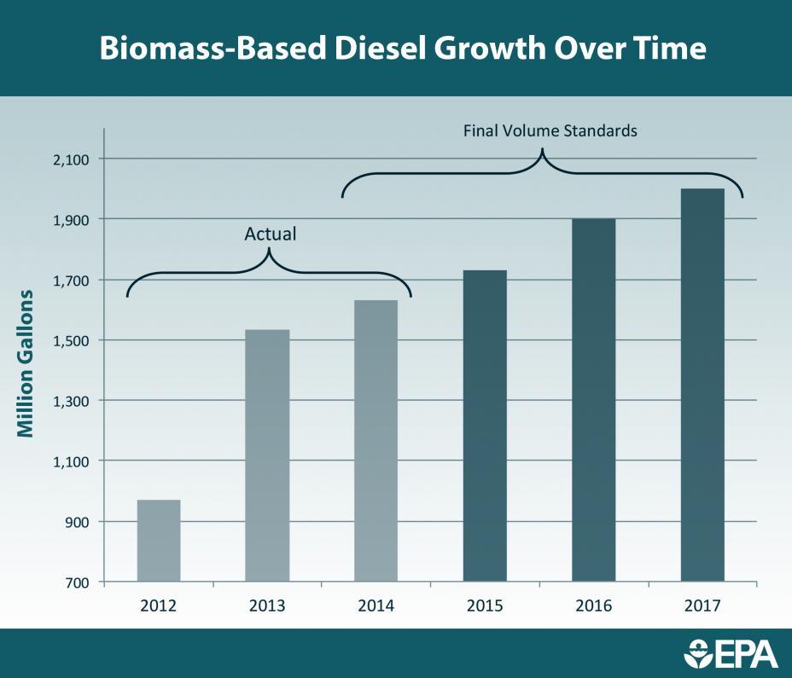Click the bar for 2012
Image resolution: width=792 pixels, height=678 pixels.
(159, 541)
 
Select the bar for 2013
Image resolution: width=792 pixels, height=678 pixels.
(267, 455)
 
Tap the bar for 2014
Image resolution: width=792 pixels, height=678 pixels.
(376, 441)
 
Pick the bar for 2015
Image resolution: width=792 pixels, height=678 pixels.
(485, 426)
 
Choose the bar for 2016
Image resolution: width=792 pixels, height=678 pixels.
(593, 400)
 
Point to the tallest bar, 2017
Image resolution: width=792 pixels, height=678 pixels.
(702, 385)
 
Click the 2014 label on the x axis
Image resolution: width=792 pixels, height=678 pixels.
(376, 606)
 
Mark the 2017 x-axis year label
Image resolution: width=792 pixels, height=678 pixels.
(702, 606)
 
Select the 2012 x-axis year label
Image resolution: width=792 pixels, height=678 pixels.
(159, 606)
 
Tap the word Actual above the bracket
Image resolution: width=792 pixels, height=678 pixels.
(270, 234)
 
